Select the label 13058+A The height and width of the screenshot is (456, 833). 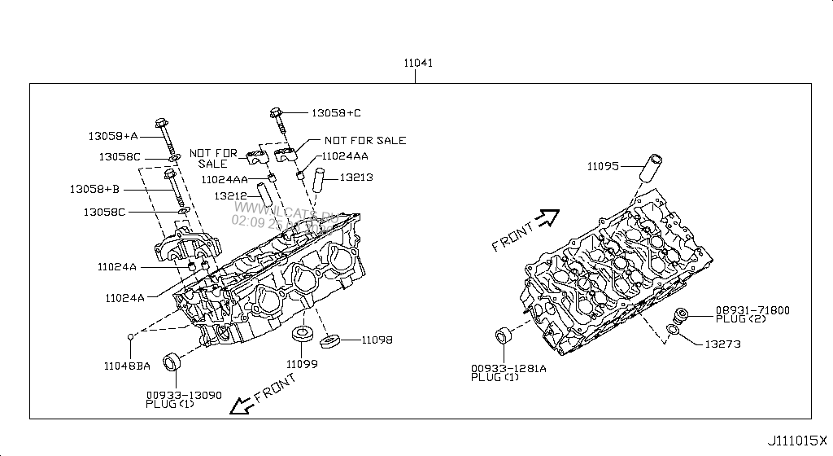point(114,136)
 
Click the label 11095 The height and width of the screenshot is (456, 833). point(604,166)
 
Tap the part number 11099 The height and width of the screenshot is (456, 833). point(302,363)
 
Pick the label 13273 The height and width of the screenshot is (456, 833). point(723,344)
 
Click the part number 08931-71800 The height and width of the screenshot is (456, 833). point(752,311)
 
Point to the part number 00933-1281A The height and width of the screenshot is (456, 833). point(508,369)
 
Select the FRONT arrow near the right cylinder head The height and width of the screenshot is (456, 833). point(549,217)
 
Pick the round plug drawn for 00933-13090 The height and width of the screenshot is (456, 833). point(173,361)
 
